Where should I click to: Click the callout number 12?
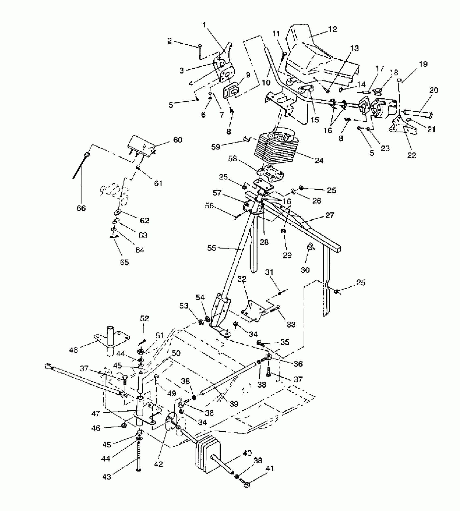333,29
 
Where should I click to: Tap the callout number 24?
319,160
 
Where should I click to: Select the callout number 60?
178,140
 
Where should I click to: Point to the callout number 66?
81,208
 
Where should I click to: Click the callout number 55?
212,248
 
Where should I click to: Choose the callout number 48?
74,350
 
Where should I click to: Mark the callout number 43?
107,477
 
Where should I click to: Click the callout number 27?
330,215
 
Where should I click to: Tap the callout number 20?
433,90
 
